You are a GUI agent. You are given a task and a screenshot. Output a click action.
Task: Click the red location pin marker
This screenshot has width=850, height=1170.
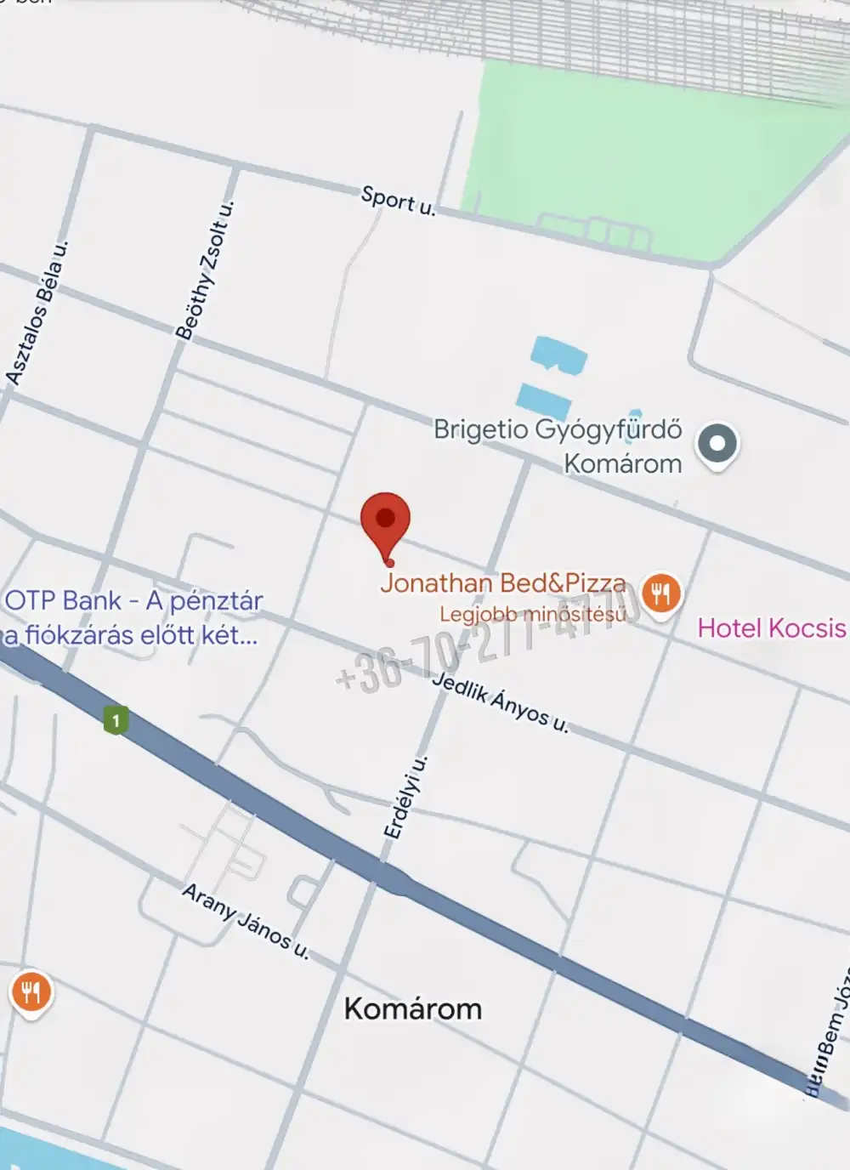[x=385, y=520]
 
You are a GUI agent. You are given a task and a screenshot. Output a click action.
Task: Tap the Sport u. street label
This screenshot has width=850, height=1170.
[x=398, y=201]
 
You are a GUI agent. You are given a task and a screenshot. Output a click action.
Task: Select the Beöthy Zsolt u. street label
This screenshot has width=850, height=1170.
[x=204, y=270]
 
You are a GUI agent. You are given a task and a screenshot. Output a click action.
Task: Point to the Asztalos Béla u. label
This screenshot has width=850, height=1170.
[x=37, y=313]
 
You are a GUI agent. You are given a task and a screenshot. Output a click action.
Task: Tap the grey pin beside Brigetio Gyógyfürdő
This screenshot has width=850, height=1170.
[x=717, y=444]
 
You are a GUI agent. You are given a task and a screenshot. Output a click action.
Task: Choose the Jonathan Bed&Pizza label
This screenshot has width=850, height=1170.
[x=502, y=583]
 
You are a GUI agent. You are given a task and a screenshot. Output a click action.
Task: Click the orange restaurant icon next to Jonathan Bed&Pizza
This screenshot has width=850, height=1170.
[x=661, y=593]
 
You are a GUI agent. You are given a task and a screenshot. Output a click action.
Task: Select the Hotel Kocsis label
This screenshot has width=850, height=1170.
[x=771, y=628]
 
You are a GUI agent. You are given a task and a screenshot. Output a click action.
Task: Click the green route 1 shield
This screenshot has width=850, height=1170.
[x=116, y=721]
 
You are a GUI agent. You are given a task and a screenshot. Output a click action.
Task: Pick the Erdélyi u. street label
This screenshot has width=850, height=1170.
[x=405, y=798]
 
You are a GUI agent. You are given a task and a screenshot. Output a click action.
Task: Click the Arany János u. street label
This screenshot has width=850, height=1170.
[x=245, y=922]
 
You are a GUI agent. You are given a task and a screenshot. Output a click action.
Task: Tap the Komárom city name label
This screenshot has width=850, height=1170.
[x=413, y=1009]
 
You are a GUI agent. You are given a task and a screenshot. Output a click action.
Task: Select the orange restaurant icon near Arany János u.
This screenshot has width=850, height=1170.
[x=31, y=992]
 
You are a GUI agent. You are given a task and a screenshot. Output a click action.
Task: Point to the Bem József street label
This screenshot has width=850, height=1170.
[x=830, y=1042]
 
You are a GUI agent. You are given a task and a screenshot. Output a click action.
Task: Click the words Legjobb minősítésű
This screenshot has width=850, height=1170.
[x=532, y=614]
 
